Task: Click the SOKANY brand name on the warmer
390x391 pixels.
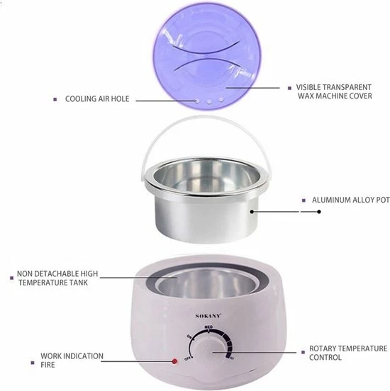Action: (208, 316)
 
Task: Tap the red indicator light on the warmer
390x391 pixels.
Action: (174, 361)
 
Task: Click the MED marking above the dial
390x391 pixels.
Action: (208, 327)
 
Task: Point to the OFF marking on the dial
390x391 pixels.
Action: (187, 358)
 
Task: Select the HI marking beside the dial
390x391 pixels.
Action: (232, 358)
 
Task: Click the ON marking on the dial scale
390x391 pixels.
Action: (189, 336)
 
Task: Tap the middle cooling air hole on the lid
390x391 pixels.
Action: (209, 101)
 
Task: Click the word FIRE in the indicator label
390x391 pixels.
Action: (48, 365)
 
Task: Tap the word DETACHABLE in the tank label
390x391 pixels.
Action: (57, 273)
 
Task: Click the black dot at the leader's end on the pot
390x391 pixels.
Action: (252, 212)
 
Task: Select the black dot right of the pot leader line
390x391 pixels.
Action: (319, 212)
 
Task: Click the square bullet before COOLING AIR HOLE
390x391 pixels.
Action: (55, 99)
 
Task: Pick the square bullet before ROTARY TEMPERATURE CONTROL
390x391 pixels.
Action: (303, 352)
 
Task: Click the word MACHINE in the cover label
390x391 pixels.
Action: (331, 96)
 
